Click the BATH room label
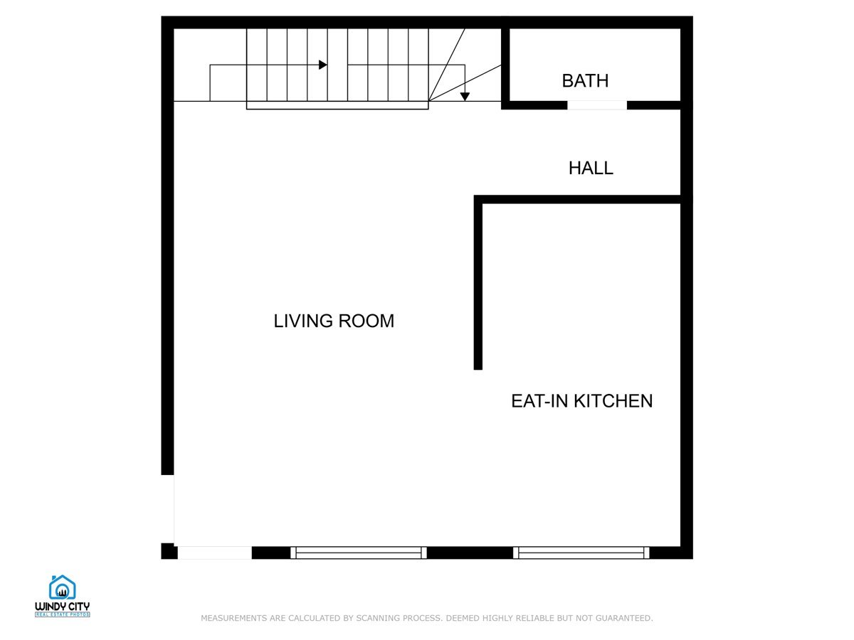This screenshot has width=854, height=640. (585, 81)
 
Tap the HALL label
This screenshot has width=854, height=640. (591, 169)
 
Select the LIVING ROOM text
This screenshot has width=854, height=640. (334, 321)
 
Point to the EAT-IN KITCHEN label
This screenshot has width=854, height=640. (581, 401)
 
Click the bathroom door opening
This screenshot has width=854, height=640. (597, 105)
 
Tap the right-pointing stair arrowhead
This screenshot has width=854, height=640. (323, 65)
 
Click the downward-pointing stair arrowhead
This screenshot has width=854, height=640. (465, 97)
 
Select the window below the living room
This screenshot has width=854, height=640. (359, 553)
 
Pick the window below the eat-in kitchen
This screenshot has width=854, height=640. (581, 553)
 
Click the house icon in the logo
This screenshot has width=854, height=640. (62, 587)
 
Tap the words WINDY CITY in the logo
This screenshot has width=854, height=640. (62, 607)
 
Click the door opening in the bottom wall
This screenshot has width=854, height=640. (215, 553)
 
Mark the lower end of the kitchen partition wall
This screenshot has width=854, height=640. (478, 370)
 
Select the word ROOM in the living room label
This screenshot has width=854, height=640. (366, 321)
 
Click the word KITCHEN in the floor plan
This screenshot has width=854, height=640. (613, 401)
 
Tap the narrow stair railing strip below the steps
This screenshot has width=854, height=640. (337, 105)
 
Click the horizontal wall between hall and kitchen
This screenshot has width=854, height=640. (577, 200)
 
